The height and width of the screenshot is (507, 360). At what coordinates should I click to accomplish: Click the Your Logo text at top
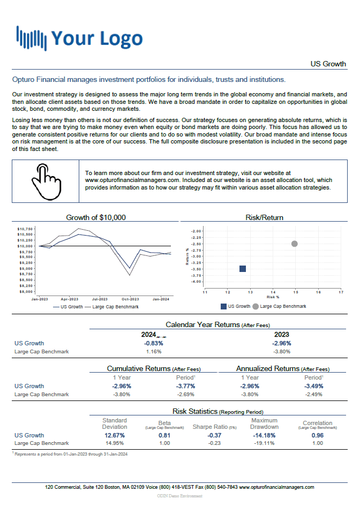pyautogui.click(x=97, y=38)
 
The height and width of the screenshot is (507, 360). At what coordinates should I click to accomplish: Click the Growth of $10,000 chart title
pyautogui.click(x=96, y=217)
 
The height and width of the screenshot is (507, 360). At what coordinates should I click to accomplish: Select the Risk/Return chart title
pyautogui.click(x=264, y=217)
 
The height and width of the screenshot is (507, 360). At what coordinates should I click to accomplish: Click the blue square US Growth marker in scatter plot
pyautogui.click(x=242, y=268)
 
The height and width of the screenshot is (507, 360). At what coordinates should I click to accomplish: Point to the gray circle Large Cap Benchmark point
pyautogui.click(x=294, y=244)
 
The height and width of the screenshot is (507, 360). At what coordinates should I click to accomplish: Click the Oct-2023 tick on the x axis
pyautogui.click(x=130, y=299)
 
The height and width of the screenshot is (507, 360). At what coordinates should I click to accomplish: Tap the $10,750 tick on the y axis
pyautogui.click(x=26, y=229)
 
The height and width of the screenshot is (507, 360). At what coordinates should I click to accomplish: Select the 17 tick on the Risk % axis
pyautogui.click(x=341, y=292)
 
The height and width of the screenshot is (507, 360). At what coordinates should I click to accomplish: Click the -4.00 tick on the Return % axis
pyautogui.click(x=196, y=282)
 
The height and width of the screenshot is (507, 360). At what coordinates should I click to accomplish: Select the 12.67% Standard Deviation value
pyautogui.click(x=115, y=435)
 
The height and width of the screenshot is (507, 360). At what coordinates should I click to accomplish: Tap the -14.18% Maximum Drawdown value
pyautogui.click(x=264, y=435)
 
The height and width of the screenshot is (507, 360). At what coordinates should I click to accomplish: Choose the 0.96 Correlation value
pyautogui.click(x=318, y=435)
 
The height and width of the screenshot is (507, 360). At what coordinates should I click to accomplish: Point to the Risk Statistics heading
pyautogui.click(x=195, y=411)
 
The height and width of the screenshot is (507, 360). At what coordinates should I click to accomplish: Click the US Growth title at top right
pyautogui.click(x=328, y=64)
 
